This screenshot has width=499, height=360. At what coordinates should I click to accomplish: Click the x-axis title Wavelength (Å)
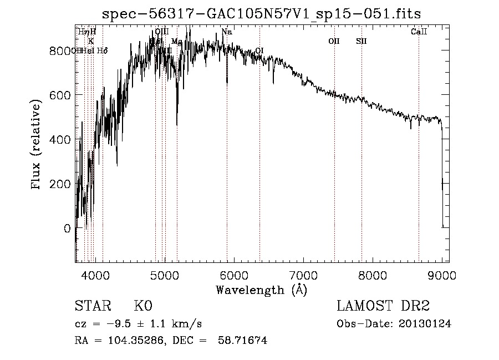[261, 289]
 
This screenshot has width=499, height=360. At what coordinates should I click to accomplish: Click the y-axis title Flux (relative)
[37, 146]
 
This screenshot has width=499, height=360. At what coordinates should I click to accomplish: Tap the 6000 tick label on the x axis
[234, 275]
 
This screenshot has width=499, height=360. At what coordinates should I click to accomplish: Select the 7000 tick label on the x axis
[303, 275]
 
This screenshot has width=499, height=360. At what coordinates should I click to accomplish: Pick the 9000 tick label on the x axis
[442, 275]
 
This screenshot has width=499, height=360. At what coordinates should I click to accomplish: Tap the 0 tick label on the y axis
[66, 228]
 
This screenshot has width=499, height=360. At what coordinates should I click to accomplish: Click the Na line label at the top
[227, 32]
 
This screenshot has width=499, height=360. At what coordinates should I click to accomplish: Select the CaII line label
[419, 32]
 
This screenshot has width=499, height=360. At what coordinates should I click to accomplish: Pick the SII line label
[361, 41]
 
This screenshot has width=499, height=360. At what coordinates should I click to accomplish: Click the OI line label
[259, 50]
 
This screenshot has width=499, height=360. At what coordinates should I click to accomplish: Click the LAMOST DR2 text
[383, 306]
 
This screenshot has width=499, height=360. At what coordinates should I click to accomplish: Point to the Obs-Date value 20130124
[424, 324]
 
